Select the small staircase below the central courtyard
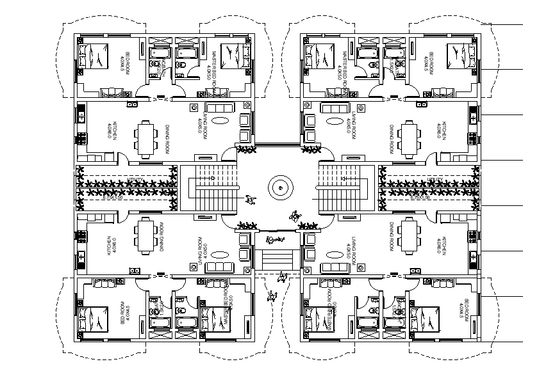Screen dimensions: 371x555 pyautogui.click(x=278, y=260)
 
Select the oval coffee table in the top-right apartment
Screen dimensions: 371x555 pyautogui.click(x=333, y=120)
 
